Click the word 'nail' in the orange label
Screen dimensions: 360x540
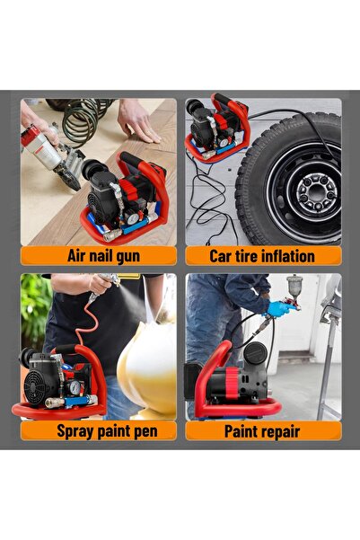pyautogui.click(x=103, y=256)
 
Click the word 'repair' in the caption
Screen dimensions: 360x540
pyautogui.click(x=281, y=432)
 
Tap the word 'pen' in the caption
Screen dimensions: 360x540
pyautogui.click(x=146, y=432)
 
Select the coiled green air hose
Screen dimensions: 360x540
pyautogui.click(x=83, y=119)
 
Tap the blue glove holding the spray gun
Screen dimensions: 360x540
pyautogui.click(x=279, y=308)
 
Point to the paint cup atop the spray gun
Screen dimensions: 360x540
pyautogui.click(x=294, y=285)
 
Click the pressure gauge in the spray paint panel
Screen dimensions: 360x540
pyautogui.click(x=75, y=387)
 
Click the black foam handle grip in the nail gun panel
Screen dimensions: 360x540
pyautogui.click(x=131, y=160)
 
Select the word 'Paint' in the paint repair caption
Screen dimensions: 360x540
pyautogui.click(x=241, y=431)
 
